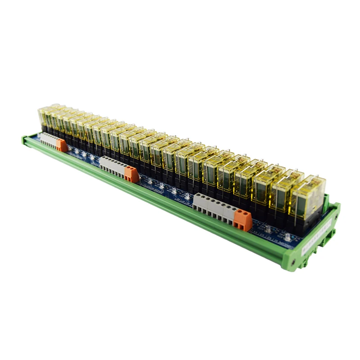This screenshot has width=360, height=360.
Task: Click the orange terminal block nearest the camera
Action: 242,220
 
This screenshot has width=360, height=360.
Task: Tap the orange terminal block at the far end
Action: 61,145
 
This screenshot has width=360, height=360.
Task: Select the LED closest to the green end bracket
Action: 286,234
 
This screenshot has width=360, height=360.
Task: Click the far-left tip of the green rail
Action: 23,139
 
